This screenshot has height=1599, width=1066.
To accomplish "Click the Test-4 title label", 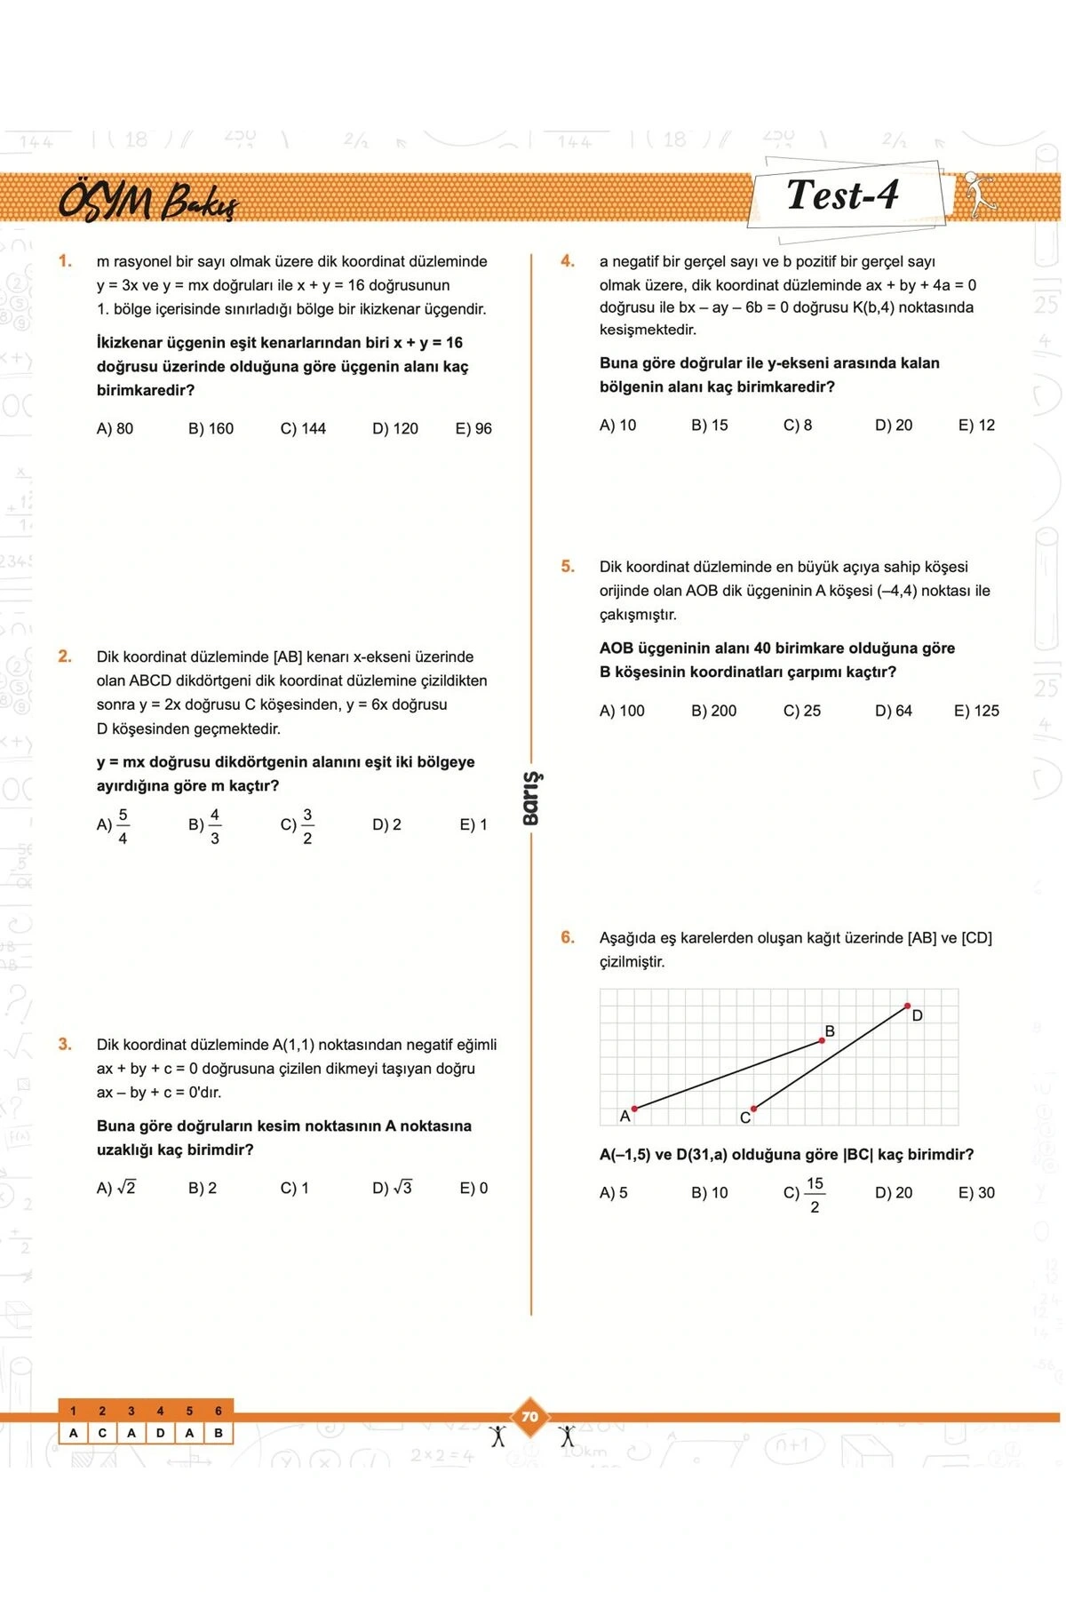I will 842,195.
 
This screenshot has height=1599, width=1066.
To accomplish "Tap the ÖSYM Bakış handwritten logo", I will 148,202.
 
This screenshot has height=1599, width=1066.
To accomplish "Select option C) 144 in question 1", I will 303,428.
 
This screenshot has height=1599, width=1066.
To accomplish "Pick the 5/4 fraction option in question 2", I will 114,825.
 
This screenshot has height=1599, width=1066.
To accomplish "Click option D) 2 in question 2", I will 386,824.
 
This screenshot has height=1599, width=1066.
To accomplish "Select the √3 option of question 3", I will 392,1188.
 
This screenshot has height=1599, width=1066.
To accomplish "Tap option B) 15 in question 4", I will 709,425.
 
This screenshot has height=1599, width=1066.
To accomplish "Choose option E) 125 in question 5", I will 976,711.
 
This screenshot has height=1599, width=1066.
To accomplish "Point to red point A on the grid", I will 634,1108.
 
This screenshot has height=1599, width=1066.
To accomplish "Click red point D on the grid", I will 907,1006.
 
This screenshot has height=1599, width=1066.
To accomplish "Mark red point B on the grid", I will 822,1040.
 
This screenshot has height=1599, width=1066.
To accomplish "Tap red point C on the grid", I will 753,1109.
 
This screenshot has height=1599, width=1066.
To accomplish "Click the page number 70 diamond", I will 530,1417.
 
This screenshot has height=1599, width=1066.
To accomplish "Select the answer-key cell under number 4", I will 160,1433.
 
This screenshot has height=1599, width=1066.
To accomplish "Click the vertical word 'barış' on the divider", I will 531,798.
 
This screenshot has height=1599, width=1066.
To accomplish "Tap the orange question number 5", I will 568,566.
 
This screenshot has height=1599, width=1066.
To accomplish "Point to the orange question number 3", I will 65,1044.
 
